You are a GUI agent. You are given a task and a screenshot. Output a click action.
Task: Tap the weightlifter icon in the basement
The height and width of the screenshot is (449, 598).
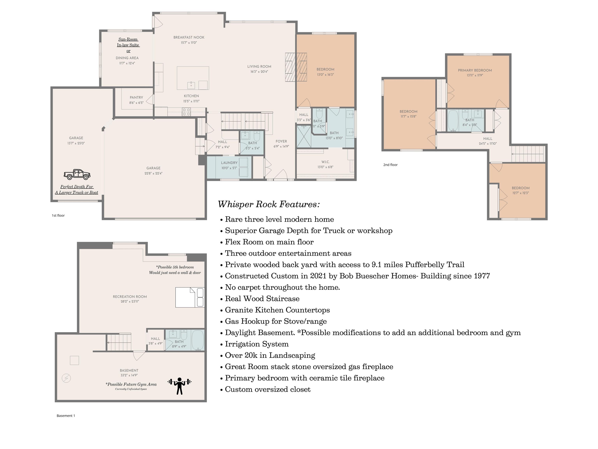(x=180, y=386)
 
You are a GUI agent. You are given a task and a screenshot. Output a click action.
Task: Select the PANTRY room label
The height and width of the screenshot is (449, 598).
(x=136, y=97)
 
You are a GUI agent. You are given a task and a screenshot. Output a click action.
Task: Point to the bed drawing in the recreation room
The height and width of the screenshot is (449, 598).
(x=190, y=297)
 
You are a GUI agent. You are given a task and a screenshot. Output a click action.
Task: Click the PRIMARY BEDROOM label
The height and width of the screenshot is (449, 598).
(x=475, y=70)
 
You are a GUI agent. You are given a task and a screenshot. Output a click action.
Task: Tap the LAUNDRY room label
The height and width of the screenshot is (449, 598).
(x=229, y=163)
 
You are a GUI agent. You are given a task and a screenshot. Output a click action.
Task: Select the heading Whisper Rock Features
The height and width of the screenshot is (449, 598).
(x=269, y=204)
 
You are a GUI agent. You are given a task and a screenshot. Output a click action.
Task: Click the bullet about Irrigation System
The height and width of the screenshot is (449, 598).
(x=257, y=344)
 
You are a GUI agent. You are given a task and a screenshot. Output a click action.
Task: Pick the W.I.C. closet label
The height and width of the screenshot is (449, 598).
(x=325, y=162)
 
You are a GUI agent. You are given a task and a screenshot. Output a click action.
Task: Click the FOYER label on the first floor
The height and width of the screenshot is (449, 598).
(x=281, y=141)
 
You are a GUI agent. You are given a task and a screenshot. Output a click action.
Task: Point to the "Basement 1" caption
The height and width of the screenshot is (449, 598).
(x=66, y=416)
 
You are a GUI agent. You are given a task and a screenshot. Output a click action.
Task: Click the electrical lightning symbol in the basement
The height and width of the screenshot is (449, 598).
(x=66, y=378)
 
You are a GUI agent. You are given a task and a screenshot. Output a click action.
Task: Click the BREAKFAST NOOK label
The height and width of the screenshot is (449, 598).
(x=189, y=37)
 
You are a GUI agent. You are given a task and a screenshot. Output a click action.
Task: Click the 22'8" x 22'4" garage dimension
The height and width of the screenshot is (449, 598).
(x=153, y=173)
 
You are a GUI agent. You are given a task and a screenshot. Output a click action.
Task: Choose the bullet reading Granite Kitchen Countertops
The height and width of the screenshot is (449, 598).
(x=277, y=310)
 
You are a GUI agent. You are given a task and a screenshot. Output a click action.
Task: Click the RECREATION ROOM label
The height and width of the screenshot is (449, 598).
(x=130, y=296)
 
